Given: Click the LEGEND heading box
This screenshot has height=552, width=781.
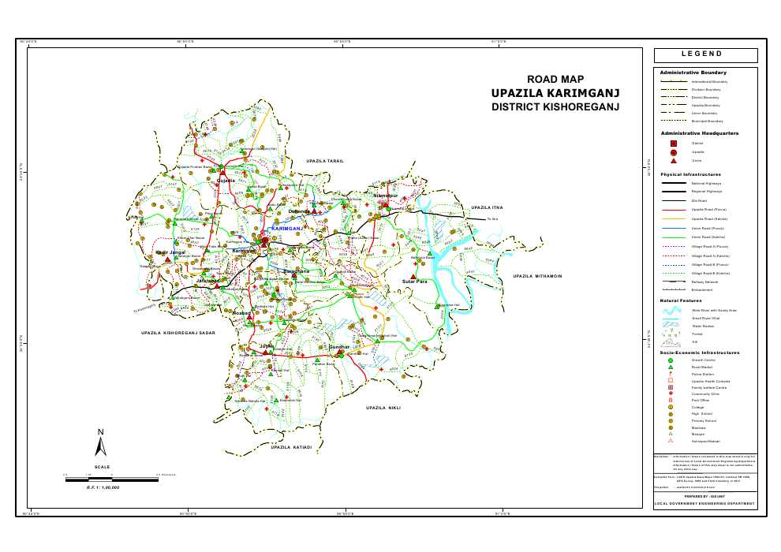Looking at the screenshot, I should (705, 54).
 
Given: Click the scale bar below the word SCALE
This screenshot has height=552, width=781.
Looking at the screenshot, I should (118, 476).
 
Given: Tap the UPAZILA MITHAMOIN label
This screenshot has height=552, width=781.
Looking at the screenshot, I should (536, 276).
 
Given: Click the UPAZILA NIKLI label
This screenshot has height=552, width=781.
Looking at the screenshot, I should (383, 408).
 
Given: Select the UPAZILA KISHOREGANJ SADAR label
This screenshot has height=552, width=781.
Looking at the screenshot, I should (178, 334).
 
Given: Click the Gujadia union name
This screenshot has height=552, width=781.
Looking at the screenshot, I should (226, 181).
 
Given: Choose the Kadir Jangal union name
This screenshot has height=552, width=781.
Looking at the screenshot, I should (171, 252).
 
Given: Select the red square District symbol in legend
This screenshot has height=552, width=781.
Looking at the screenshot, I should (673, 143).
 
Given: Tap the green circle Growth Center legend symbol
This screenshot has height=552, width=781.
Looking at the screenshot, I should (671, 360).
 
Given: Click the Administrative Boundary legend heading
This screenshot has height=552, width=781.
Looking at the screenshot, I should (692, 73).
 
